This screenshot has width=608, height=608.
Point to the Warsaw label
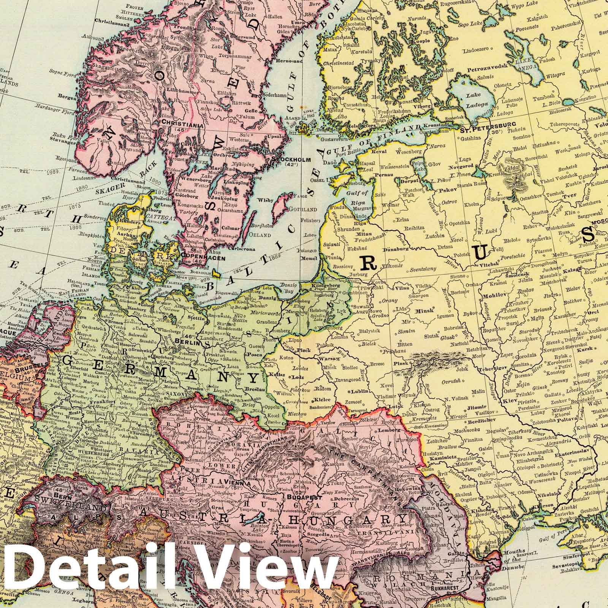329,359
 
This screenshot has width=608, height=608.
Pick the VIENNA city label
235,482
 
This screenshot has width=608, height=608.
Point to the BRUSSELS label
33,364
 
